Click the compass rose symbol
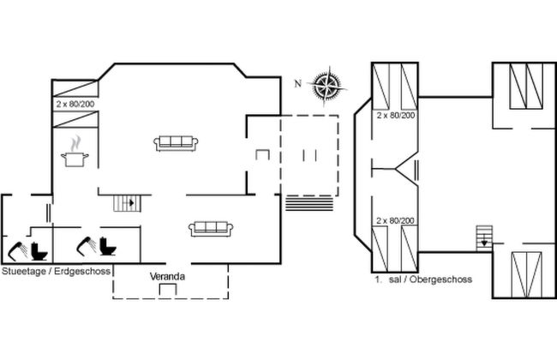pos(326,86)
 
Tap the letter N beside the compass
pos(297,83)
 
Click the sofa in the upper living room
pos(176,143)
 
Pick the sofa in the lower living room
pos(211,229)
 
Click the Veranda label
pos(167,277)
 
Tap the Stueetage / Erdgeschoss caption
pos(56,271)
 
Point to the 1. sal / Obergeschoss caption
pos(423,279)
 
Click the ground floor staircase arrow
pos(129,203)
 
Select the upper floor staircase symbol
pos(484,238)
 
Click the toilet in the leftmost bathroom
pos(39,251)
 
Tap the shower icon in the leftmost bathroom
pos(18,250)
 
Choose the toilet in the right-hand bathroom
pos(108,246)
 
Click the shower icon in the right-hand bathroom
pos(87,245)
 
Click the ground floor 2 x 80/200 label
pos(75,104)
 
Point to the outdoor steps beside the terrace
pos(309,203)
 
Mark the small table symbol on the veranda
pos(168,289)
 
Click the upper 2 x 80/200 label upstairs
pos(396,115)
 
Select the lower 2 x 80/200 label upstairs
pos(395,220)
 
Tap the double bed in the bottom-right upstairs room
pos(526,274)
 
